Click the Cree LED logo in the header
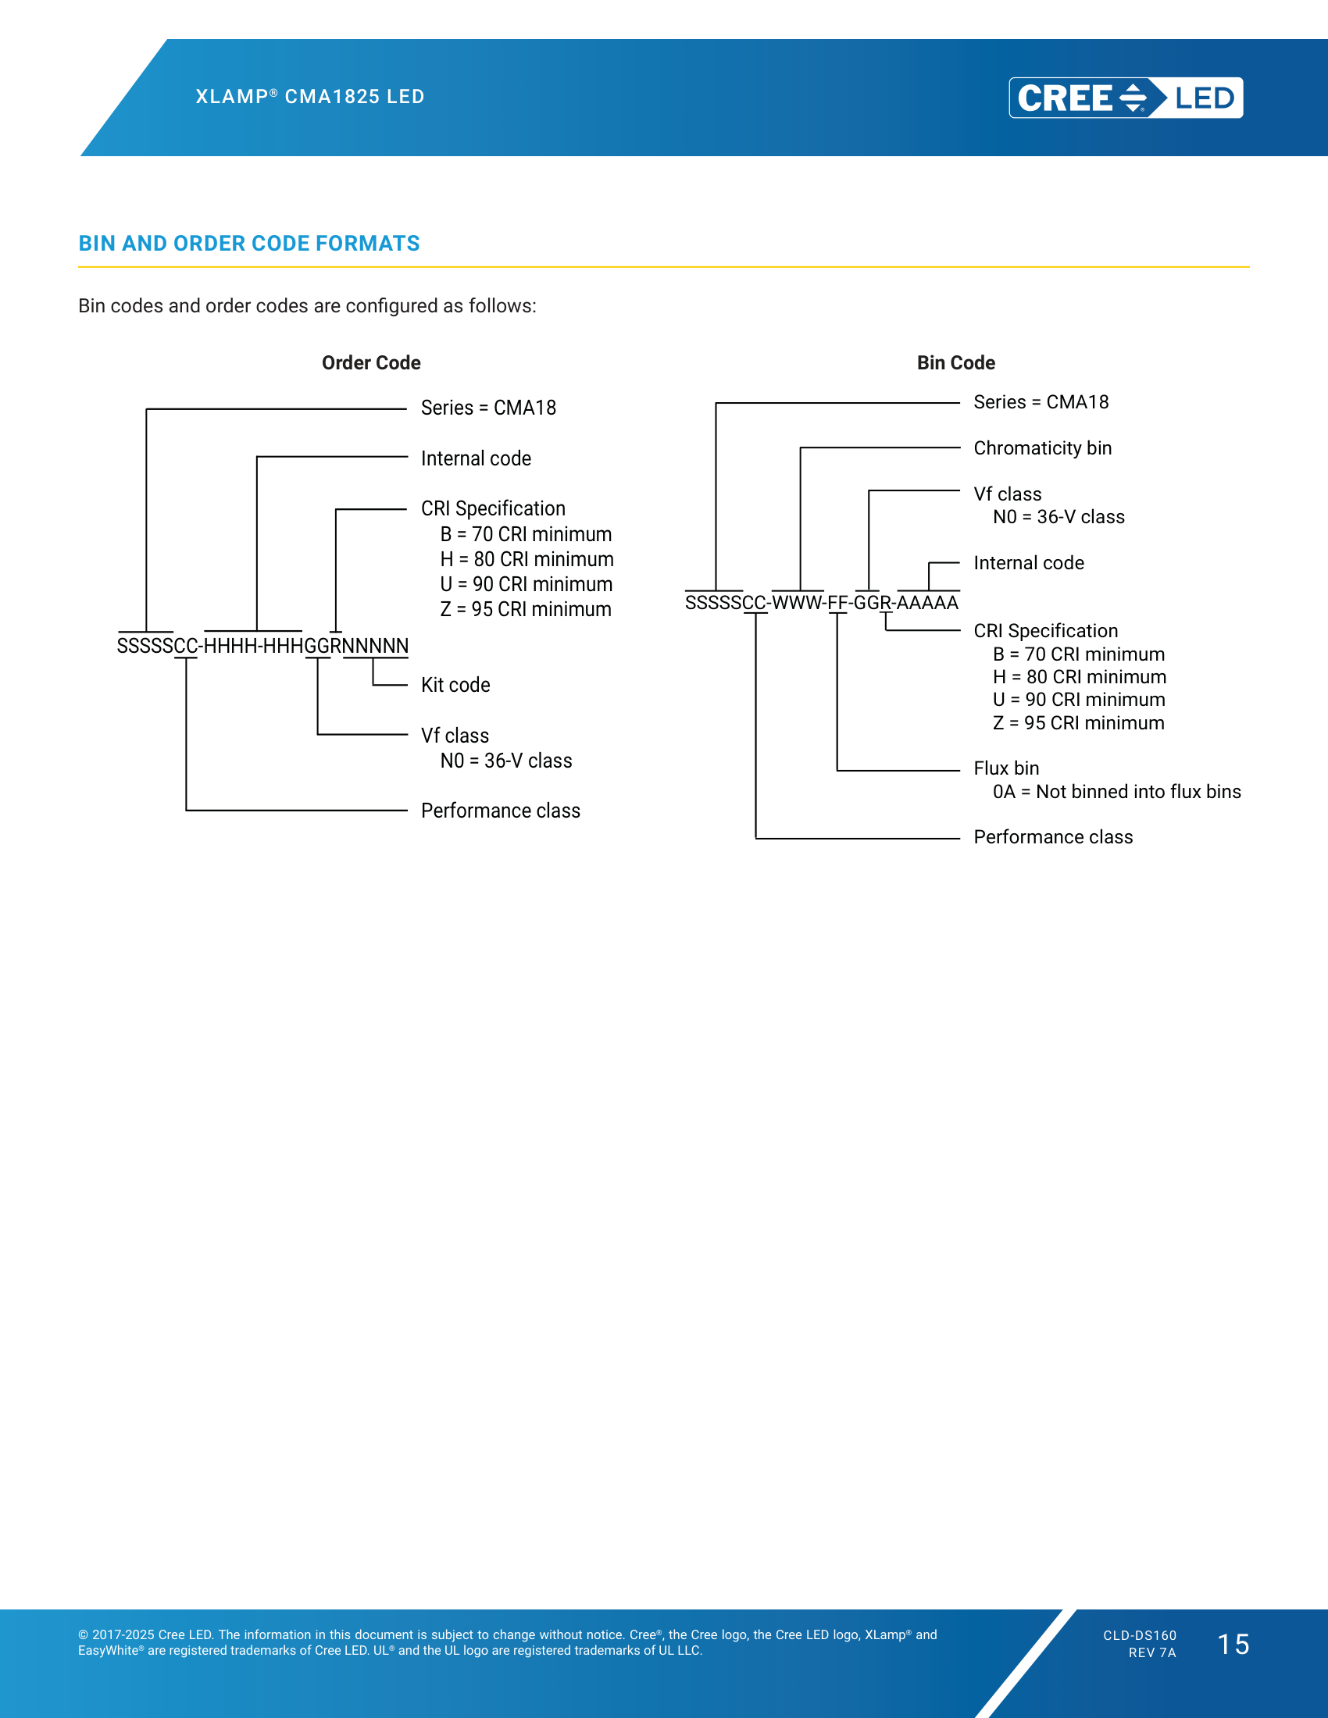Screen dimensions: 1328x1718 1126,98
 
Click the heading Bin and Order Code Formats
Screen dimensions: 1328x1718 248,244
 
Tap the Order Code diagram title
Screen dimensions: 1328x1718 371,362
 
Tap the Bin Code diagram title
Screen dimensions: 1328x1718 956,362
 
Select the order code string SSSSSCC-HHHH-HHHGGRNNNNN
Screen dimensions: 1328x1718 262,646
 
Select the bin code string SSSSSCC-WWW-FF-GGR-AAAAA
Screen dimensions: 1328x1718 822,603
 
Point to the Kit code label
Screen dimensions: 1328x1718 455,685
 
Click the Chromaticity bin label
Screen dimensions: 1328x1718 1042,448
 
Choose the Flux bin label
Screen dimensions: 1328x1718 1006,768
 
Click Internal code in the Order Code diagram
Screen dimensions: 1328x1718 476,458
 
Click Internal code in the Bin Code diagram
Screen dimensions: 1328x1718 1028,563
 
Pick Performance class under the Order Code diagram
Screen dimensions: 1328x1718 501,811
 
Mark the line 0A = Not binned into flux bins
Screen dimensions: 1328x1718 1116,792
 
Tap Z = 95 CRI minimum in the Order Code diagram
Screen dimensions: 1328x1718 526,610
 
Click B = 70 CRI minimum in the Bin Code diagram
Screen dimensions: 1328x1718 1079,654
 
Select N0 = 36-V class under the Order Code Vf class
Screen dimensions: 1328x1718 506,761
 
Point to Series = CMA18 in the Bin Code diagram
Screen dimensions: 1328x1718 1041,403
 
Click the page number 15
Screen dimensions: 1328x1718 1233,1645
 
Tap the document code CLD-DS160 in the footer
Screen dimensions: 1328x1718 1139,1636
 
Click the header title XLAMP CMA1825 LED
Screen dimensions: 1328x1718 310,97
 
